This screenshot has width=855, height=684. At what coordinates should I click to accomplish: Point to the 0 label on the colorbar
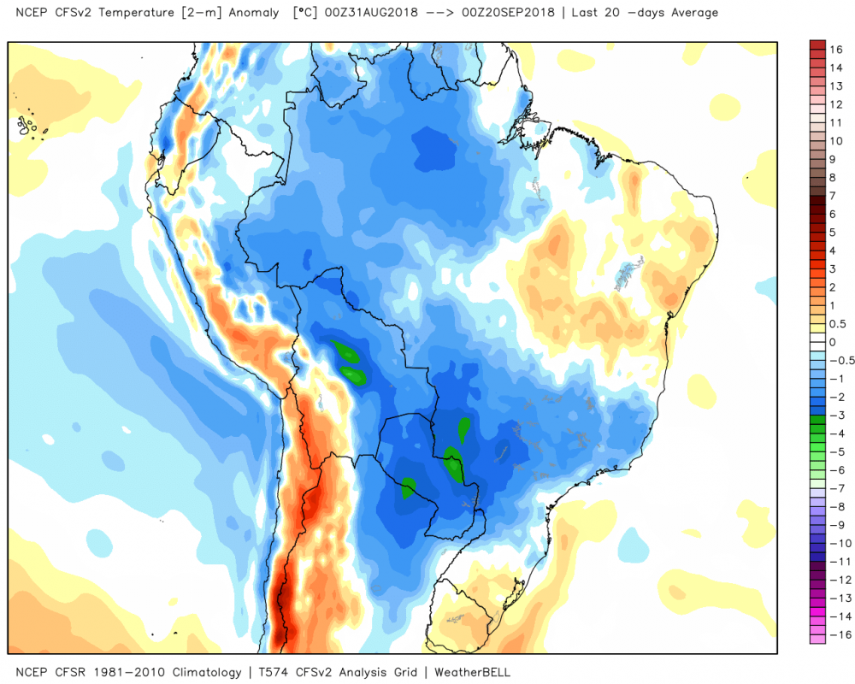coord(833,342)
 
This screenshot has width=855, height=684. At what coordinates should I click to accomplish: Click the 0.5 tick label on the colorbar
coord(837,323)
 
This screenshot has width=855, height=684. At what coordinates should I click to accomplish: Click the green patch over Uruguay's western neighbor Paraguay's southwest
coord(408,488)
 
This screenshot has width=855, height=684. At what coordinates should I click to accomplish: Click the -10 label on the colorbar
coord(836,542)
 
